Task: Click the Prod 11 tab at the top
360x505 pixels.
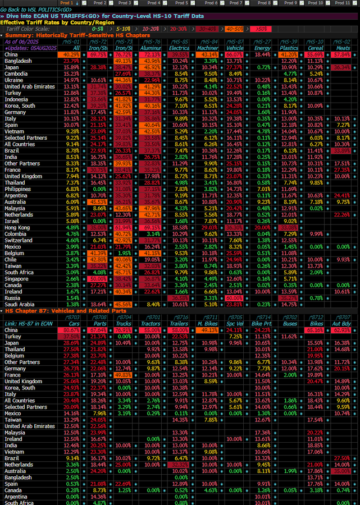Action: [x=343, y=3]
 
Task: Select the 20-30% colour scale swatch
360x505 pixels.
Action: [x=179, y=29]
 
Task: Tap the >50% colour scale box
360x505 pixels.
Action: [x=260, y=29]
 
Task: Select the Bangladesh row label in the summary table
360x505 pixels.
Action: [x=18, y=61]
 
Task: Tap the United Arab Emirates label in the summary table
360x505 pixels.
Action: [x=29, y=87]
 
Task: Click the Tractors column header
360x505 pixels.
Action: [x=149, y=324]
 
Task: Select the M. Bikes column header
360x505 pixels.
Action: [x=208, y=324]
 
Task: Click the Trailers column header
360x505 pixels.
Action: [x=180, y=324]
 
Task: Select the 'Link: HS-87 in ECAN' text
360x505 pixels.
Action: [x=29, y=324]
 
